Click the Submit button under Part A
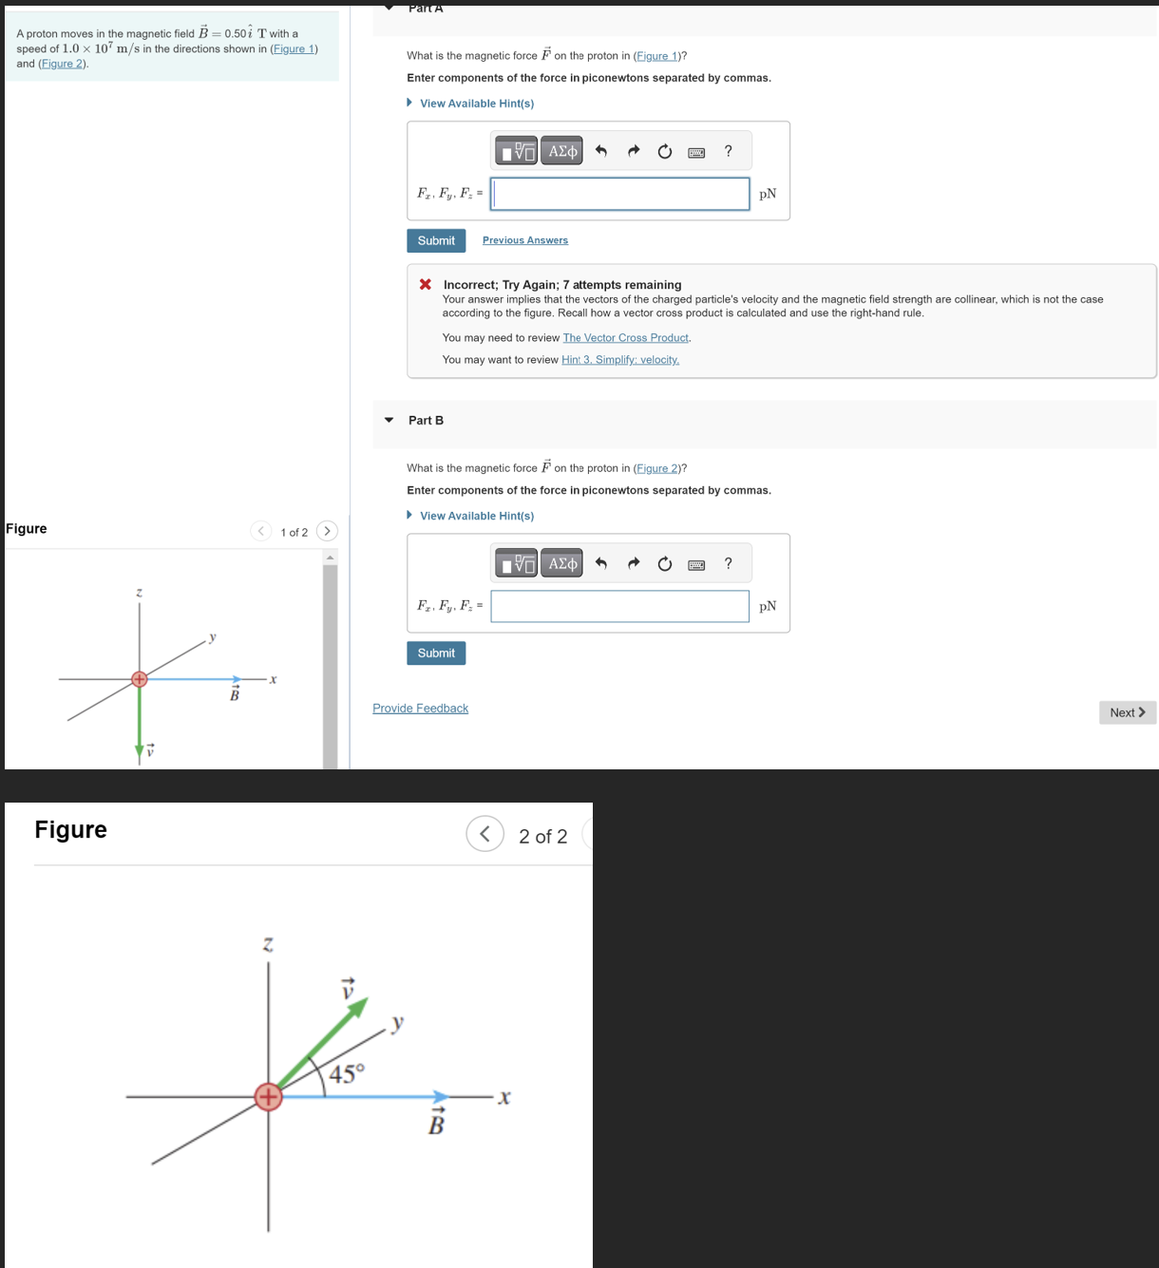point(436,240)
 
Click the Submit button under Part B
point(436,653)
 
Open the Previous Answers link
point(524,240)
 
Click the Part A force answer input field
point(620,194)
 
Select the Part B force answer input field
point(620,606)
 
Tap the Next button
point(1128,712)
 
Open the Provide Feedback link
point(420,709)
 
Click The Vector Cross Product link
point(625,338)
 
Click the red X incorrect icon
point(426,284)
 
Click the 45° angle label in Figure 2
point(347,1074)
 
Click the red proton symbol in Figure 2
point(268,1097)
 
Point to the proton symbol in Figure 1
point(140,678)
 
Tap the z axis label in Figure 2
point(268,945)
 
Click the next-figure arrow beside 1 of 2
point(327,531)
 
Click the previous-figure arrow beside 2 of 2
point(484,834)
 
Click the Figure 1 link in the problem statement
point(294,48)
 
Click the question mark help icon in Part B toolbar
point(729,563)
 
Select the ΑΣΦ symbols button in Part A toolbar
point(562,151)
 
